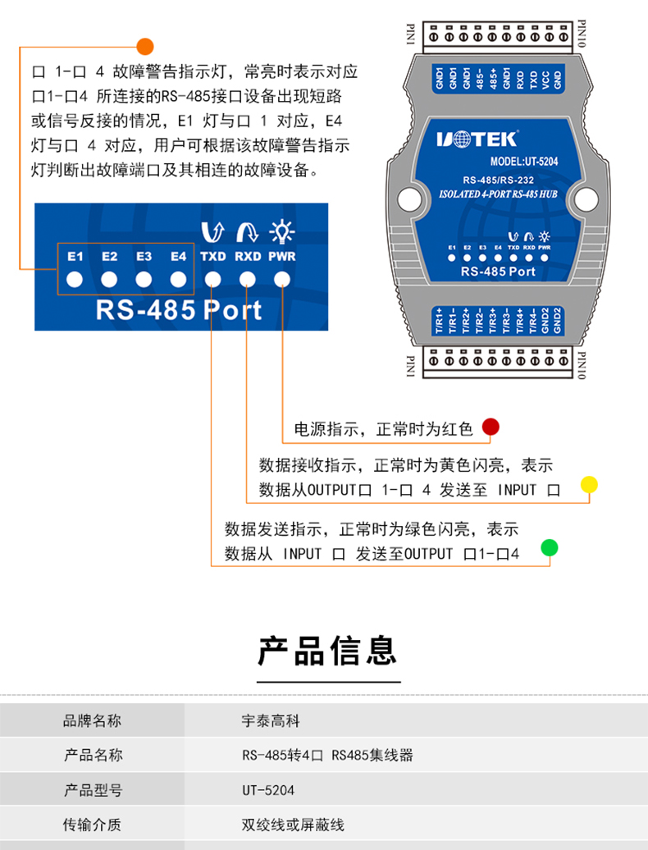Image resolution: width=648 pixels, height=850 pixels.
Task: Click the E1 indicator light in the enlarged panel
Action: tap(75, 279)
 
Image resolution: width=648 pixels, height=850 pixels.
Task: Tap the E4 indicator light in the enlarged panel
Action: tap(178, 279)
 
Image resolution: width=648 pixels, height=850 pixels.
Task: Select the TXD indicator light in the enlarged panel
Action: tap(212, 279)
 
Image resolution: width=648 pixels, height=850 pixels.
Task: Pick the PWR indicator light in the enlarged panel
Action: tap(282, 279)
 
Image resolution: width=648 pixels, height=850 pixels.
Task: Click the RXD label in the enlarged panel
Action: tap(248, 257)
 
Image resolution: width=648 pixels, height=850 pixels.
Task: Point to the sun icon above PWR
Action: tap(282, 233)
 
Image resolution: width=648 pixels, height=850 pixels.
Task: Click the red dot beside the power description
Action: tap(491, 427)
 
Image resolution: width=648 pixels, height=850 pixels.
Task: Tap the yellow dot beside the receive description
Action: tap(588, 484)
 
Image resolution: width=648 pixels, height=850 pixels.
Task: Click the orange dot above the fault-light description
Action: tap(144, 47)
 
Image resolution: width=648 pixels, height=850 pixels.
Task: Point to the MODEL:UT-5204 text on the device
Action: tap(523, 162)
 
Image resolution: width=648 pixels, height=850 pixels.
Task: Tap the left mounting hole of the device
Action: tap(406, 198)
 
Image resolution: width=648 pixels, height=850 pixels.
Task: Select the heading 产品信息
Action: tap(328, 651)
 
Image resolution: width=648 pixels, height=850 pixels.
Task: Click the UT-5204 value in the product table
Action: tap(268, 790)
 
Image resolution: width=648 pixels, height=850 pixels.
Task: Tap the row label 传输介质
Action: tap(93, 825)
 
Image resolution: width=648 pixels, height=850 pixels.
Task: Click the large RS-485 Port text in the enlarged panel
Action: tap(179, 310)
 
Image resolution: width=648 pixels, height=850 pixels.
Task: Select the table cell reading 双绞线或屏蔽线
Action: tap(293, 825)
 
